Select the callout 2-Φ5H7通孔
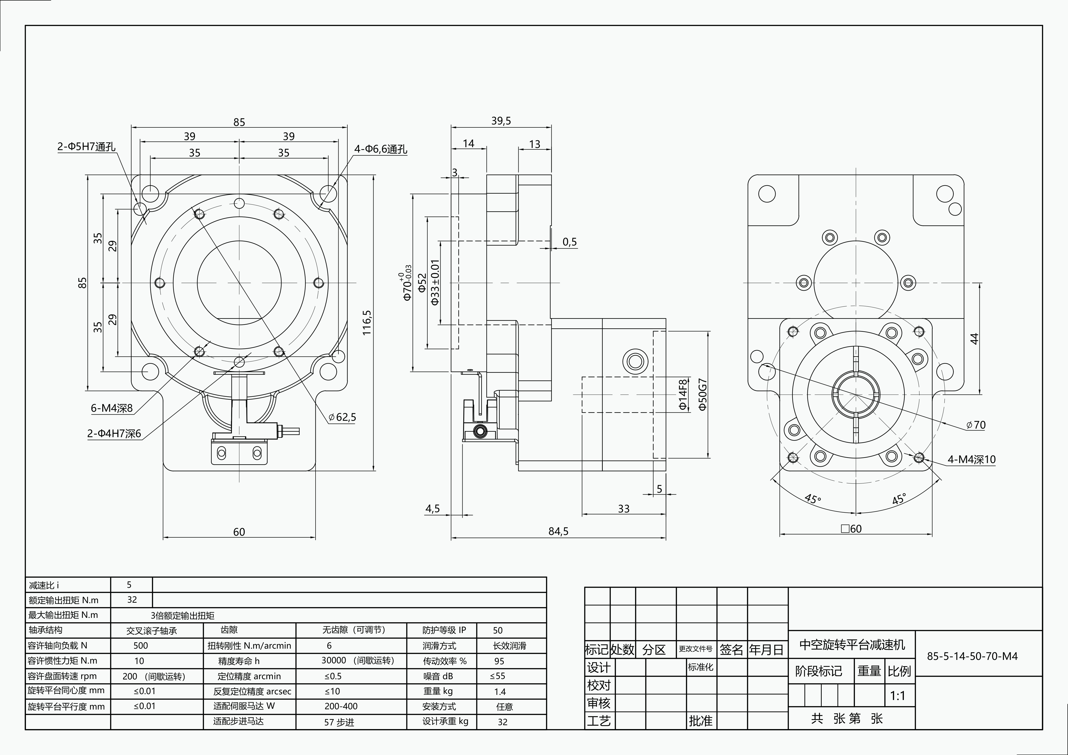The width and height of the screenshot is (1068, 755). [x=86, y=146]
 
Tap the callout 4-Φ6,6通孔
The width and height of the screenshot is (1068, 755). [x=380, y=149]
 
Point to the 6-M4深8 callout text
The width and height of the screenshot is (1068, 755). [x=112, y=408]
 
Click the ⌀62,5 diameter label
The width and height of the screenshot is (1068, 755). [x=342, y=417]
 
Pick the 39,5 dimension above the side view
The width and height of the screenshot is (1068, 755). [x=501, y=121]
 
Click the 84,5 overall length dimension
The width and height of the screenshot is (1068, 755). [x=558, y=531]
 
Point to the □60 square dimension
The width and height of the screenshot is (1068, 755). [x=851, y=529]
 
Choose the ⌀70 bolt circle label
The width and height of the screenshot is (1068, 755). [x=976, y=425]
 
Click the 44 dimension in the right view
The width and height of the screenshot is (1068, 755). [x=974, y=338]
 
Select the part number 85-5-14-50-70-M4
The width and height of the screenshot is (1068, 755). [x=972, y=656]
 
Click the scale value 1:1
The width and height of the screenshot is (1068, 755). [x=897, y=696]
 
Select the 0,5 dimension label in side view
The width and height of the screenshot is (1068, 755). [x=569, y=242]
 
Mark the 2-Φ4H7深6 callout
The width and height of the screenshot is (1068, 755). [x=114, y=433]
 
